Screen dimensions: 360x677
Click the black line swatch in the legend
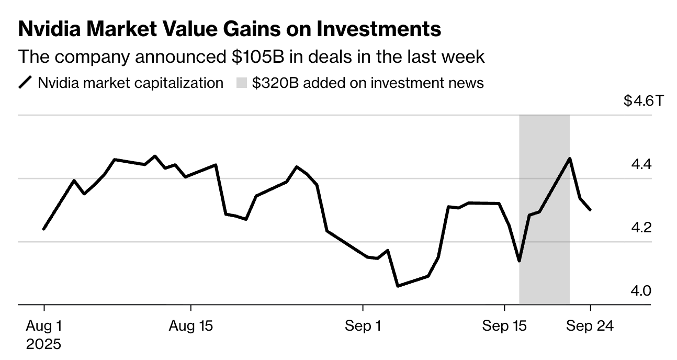[25, 83]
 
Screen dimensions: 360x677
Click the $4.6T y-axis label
[643, 101]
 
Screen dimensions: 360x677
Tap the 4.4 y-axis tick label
[641, 164]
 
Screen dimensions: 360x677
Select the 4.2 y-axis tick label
[641, 228]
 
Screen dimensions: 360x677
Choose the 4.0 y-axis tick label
[641, 290]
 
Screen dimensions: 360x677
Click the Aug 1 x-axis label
[44, 326]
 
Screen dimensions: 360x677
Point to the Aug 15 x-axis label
[191, 326]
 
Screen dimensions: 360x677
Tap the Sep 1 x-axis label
[363, 326]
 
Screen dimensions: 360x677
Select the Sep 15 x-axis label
[504, 326]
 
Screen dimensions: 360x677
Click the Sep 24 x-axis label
[591, 326]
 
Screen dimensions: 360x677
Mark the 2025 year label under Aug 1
[44, 344]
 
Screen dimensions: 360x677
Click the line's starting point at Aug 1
[44, 229]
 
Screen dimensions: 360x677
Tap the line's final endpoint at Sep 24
[591, 210]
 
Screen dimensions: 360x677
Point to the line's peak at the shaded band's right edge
[569, 159]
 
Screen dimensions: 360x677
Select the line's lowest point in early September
[398, 286]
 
